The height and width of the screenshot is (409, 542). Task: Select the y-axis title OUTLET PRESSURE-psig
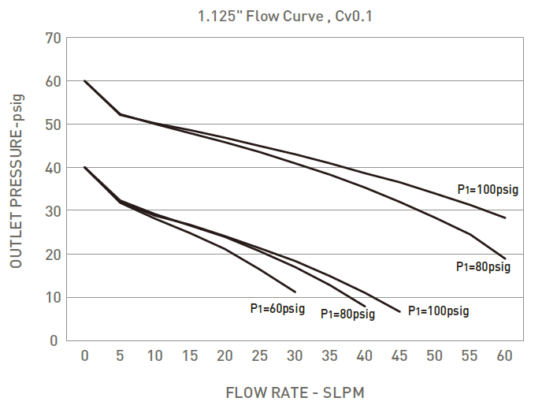click(x=17, y=180)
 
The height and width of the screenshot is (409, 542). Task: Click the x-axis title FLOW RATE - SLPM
click(x=295, y=392)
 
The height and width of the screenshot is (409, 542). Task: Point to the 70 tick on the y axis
click(x=52, y=38)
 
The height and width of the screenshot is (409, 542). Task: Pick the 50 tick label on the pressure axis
click(x=52, y=125)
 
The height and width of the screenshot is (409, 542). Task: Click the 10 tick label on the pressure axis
click(x=52, y=298)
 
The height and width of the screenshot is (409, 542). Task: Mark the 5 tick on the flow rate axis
click(x=120, y=356)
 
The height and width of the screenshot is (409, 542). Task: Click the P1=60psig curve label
click(x=277, y=309)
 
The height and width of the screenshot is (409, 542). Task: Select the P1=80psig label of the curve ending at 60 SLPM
click(x=483, y=267)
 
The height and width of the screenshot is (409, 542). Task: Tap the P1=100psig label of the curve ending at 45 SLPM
click(x=438, y=310)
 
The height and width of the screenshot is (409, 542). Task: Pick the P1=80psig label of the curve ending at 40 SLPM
click(x=347, y=314)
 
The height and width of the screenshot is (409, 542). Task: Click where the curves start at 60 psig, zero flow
click(x=84, y=80)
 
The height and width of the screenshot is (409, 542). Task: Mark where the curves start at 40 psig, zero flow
click(x=84, y=167)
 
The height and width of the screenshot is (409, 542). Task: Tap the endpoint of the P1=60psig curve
click(x=295, y=292)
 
